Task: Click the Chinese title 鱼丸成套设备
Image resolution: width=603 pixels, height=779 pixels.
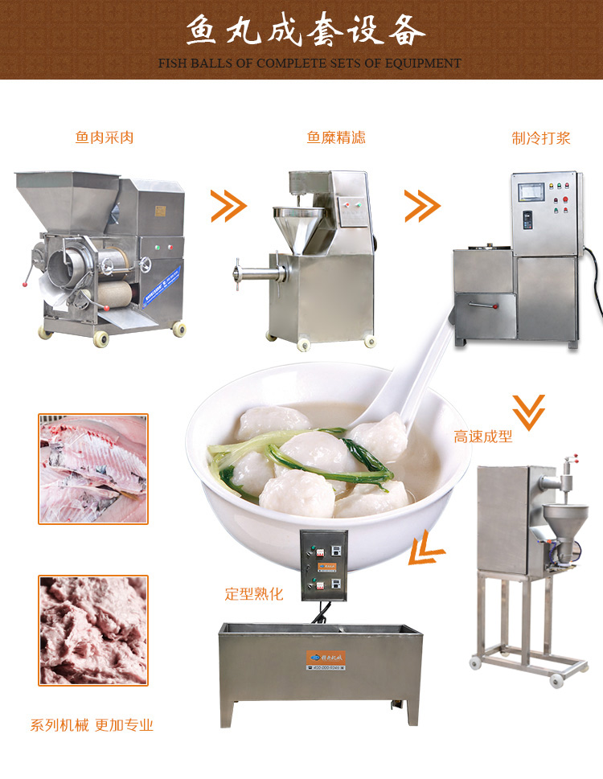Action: point(306,31)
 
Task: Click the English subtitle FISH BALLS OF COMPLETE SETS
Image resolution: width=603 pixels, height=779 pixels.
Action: point(310,63)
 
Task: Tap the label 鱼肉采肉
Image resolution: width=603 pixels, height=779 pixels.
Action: point(105,137)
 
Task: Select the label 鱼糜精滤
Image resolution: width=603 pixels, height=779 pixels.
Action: point(336,137)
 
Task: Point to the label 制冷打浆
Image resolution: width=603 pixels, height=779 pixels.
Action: point(541,137)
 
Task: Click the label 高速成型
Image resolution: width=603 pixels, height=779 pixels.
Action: point(482,437)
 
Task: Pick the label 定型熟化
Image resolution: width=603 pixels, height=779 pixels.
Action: point(254,596)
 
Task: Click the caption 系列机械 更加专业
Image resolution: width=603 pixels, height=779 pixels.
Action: point(92,725)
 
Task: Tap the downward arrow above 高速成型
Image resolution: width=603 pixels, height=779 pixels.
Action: point(528,410)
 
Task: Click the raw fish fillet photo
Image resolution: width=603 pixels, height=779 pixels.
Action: point(93,469)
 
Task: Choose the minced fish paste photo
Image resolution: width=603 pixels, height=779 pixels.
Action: point(93,630)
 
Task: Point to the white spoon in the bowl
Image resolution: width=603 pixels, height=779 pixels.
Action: point(422,378)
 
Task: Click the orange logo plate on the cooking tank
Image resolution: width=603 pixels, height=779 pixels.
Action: point(326,658)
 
